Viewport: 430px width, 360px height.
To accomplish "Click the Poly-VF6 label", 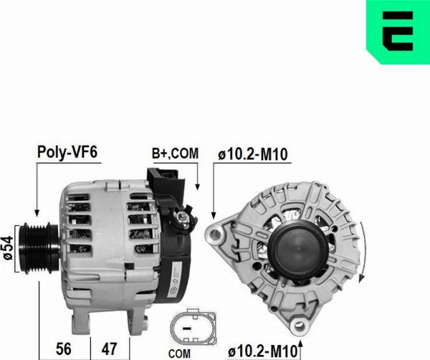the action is pyautogui.click(x=67, y=152).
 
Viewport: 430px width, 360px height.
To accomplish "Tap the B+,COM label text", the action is pyautogui.click(x=175, y=153).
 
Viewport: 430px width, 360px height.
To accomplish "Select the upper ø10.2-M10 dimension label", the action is pyautogui.click(x=253, y=154).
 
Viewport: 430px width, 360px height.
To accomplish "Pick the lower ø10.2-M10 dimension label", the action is pyautogui.click(x=263, y=351).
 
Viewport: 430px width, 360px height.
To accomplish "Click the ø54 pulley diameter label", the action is pyautogui.click(x=7, y=248).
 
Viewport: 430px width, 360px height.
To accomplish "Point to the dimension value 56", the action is pyautogui.click(x=64, y=349).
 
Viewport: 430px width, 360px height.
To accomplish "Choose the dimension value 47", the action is pyautogui.click(x=110, y=349).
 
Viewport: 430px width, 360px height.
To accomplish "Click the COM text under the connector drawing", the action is pyautogui.click(x=179, y=354).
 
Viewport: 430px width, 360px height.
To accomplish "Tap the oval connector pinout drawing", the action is pyautogui.click(x=193, y=326).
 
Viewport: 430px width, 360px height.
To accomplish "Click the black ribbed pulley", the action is pyautogui.click(x=39, y=248).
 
